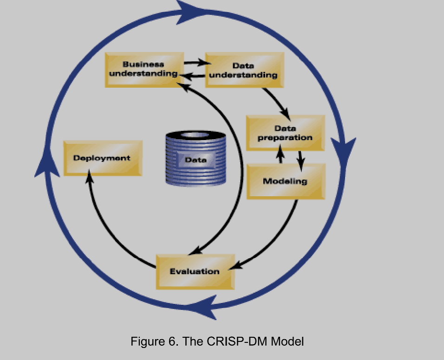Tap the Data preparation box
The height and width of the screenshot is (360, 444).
click(285, 133)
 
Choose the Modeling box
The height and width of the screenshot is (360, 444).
click(285, 181)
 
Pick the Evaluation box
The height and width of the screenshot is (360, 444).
click(195, 271)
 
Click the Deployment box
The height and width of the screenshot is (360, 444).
click(102, 158)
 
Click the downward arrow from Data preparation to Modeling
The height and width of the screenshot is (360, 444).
click(300, 160)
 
